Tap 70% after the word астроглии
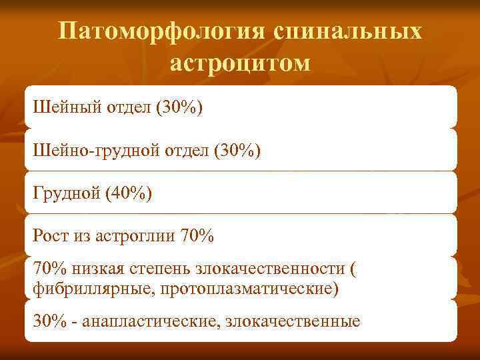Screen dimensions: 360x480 [197, 235]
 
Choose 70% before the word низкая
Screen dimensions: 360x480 [50, 269]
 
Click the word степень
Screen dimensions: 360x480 [162, 269]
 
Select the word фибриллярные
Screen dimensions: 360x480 [82, 289]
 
